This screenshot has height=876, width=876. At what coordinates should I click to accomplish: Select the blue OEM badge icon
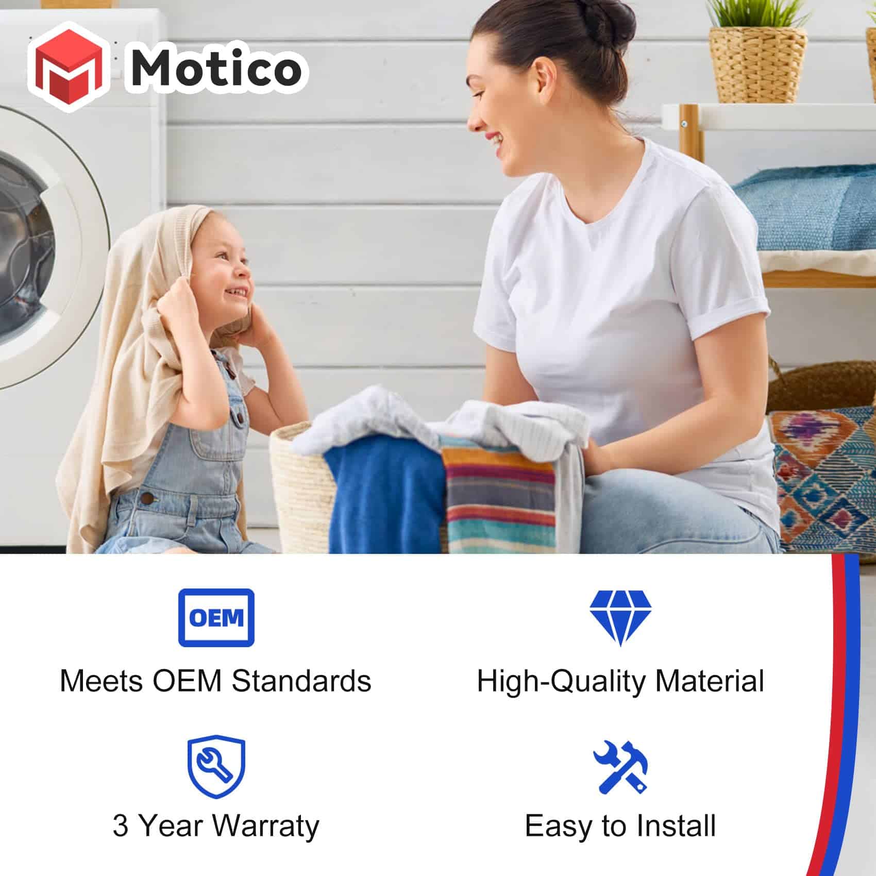(x=216, y=617)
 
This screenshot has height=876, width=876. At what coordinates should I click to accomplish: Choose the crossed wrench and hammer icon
(x=620, y=767)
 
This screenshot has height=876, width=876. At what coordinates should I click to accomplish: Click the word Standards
(x=301, y=681)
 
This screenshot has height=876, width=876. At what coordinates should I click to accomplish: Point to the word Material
(x=710, y=681)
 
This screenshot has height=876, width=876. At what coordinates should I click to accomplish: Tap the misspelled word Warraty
(x=266, y=826)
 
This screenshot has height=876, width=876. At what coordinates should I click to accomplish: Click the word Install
(x=676, y=826)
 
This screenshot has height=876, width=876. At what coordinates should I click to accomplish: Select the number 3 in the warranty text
(x=121, y=826)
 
